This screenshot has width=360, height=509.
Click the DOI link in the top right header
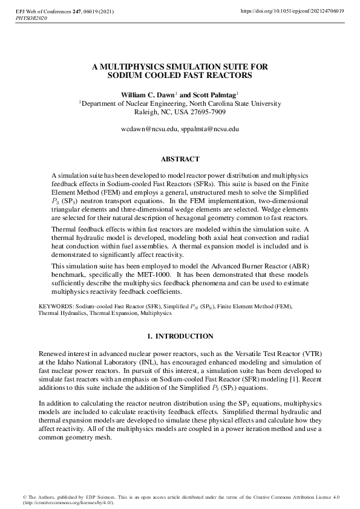click(x=293, y=11)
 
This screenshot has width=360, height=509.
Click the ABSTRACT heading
click(x=180, y=160)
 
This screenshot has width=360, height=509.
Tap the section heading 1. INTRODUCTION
click(x=180, y=336)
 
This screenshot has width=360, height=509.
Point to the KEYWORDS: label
click(x=57, y=307)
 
